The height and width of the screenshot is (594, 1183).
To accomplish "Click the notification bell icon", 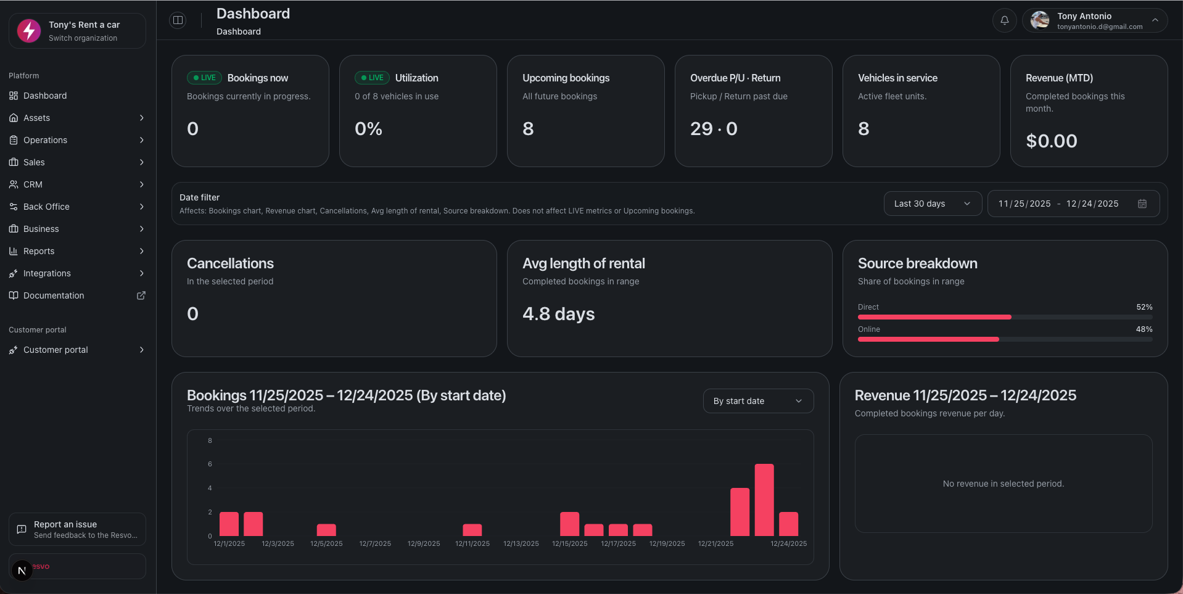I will pyautogui.click(x=1004, y=20).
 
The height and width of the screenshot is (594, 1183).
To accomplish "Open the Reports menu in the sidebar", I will pyautogui.click(x=39, y=251).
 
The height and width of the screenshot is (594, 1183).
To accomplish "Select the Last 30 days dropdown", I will pyautogui.click(x=932, y=204).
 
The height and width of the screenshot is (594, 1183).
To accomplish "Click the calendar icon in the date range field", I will pyautogui.click(x=1142, y=204).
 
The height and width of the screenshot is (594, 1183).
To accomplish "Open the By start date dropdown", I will pyautogui.click(x=757, y=401).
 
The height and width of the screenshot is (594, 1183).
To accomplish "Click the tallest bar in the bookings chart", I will pyautogui.click(x=764, y=500).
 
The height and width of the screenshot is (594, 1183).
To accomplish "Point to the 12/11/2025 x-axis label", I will pyautogui.click(x=472, y=543).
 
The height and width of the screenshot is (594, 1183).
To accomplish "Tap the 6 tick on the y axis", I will pyautogui.click(x=210, y=464).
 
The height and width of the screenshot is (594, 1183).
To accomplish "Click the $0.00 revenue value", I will pyautogui.click(x=1051, y=141).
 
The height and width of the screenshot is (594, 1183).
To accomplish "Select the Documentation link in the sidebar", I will pyautogui.click(x=54, y=295).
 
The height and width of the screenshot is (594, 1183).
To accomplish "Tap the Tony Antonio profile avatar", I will pyautogui.click(x=1040, y=20).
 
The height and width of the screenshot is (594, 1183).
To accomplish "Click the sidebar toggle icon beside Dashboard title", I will pyautogui.click(x=178, y=20).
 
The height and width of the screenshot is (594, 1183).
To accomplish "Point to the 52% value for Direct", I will pyautogui.click(x=1144, y=307).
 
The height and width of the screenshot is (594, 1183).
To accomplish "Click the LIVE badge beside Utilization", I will pyautogui.click(x=372, y=78).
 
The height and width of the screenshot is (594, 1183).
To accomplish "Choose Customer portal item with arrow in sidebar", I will pyautogui.click(x=56, y=350).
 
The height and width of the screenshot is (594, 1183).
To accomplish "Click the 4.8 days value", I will pyautogui.click(x=558, y=314).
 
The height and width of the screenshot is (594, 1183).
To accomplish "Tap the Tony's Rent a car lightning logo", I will pyautogui.click(x=29, y=30).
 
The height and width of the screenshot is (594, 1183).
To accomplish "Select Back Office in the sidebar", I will pyautogui.click(x=46, y=207).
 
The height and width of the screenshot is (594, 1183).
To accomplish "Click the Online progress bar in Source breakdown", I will pyautogui.click(x=928, y=339).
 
